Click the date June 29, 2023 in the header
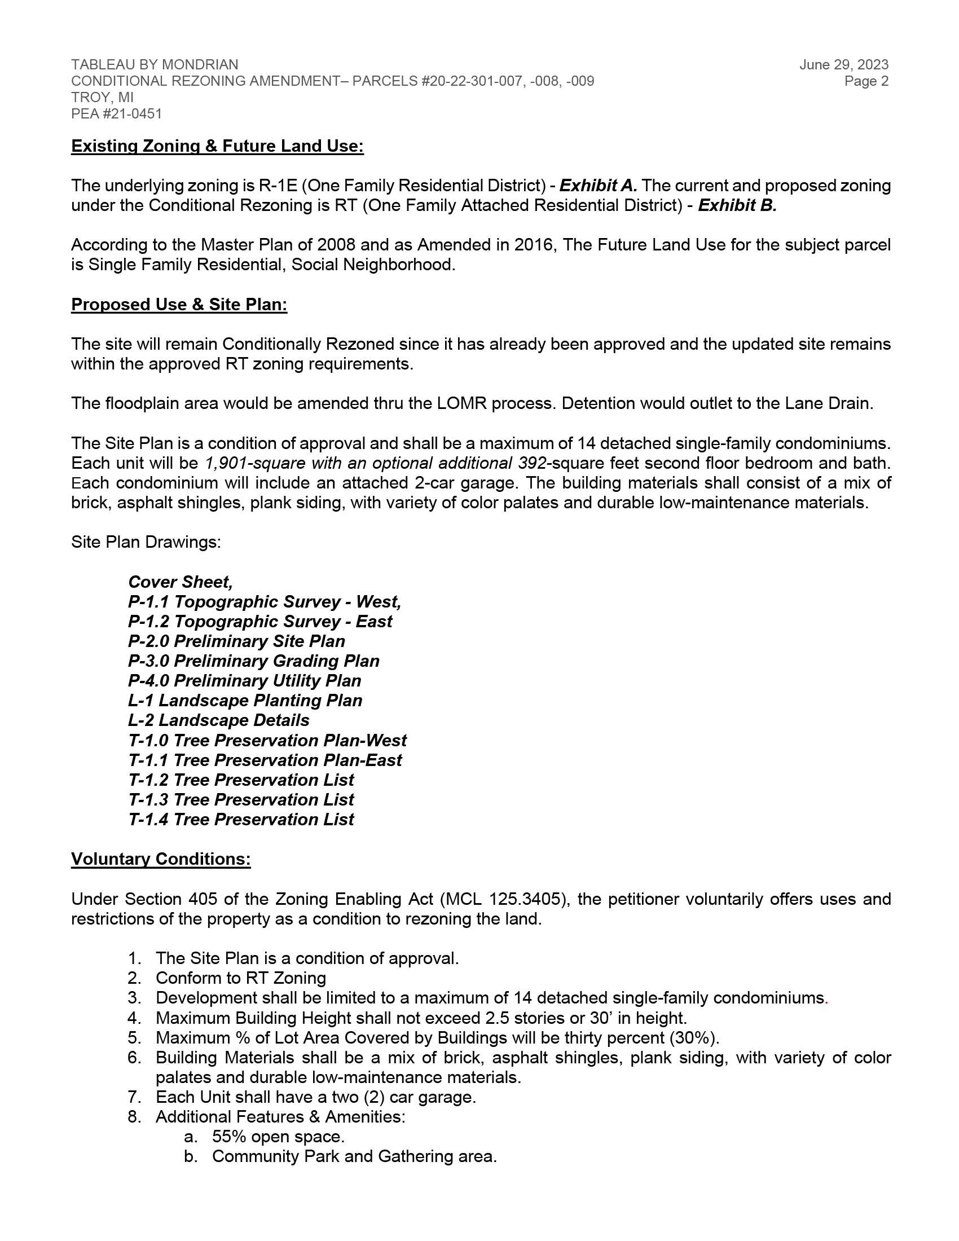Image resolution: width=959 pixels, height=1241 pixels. (844, 65)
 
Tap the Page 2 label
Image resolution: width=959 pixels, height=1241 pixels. (866, 81)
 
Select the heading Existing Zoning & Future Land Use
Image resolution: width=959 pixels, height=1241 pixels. (217, 147)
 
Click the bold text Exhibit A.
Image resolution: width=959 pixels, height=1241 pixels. (597, 186)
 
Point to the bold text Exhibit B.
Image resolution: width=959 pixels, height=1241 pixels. (737, 206)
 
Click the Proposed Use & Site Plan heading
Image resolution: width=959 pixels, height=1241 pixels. (179, 305)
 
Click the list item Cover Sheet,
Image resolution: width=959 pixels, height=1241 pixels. (180, 583)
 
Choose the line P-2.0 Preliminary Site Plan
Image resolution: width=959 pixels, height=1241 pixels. (236, 641)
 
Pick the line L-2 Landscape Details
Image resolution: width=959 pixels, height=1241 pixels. (219, 720)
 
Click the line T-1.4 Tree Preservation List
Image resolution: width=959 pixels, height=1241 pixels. (241, 820)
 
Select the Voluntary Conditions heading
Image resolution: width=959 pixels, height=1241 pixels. (161, 859)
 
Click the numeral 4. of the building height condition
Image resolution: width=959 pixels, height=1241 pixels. (134, 1018)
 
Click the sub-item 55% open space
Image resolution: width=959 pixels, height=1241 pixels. (278, 1137)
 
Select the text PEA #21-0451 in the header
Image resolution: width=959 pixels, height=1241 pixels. (116, 113)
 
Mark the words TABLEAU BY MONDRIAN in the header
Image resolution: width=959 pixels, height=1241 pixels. (155, 65)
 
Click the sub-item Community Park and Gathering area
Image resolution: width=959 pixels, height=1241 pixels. (354, 1157)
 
